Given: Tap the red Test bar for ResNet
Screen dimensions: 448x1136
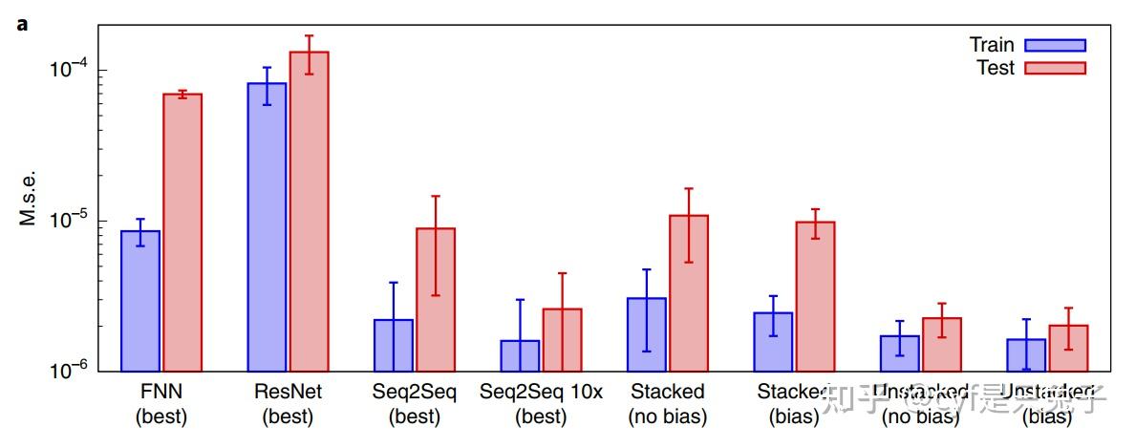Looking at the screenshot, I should [x=309, y=211].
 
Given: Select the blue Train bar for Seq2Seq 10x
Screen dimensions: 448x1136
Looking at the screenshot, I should [x=520, y=355].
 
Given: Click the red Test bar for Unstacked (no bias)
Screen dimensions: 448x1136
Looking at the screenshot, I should [x=942, y=344].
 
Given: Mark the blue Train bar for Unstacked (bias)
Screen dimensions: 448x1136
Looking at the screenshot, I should [x=1026, y=354].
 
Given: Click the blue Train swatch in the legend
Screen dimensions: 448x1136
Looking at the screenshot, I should [x=1055, y=45].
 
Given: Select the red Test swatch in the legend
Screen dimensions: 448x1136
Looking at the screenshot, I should [x=1055, y=68].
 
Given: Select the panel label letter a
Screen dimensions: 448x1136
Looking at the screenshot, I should [x=22, y=24].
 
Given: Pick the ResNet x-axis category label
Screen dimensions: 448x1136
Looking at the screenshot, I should [x=288, y=393].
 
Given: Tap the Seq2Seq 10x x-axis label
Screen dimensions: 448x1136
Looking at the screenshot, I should [x=541, y=393].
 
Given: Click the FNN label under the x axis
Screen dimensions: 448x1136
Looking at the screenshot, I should [x=161, y=393].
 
